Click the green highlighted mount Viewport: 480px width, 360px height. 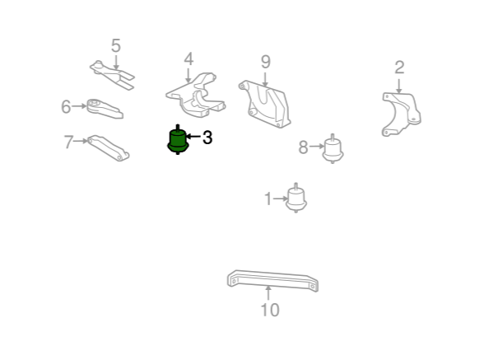[178, 140]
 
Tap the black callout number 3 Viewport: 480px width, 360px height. [207, 138]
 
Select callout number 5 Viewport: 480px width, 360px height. [116, 45]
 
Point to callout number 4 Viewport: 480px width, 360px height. [189, 59]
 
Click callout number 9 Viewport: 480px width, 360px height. [266, 62]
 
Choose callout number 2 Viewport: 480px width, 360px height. [399, 68]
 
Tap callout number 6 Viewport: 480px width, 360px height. [66, 106]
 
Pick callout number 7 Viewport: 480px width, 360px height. [68, 142]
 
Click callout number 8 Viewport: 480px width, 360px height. [303, 147]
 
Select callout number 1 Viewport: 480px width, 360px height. [268, 199]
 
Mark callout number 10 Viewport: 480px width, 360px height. [270, 310]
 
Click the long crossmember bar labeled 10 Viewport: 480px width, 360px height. [273, 280]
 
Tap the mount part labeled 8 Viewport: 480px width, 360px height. [333, 149]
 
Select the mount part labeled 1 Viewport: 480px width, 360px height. [296, 199]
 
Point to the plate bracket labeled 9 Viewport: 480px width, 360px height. [265, 104]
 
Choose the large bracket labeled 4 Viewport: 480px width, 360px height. [196, 96]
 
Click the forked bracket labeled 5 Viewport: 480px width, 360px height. [112, 74]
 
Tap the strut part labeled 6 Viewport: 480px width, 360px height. [105, 109]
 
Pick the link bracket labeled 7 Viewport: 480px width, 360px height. [108, 147]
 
